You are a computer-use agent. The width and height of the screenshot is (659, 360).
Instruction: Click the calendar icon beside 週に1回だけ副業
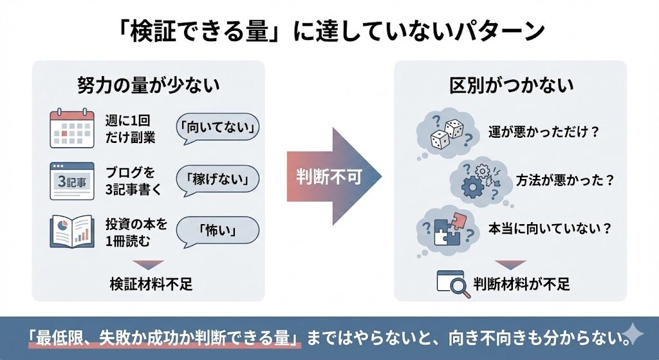68,129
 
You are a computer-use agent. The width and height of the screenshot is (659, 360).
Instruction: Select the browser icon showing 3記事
68,181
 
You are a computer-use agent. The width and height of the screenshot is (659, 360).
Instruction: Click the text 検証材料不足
151,284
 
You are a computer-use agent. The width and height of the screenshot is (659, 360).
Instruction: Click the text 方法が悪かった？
564,180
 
